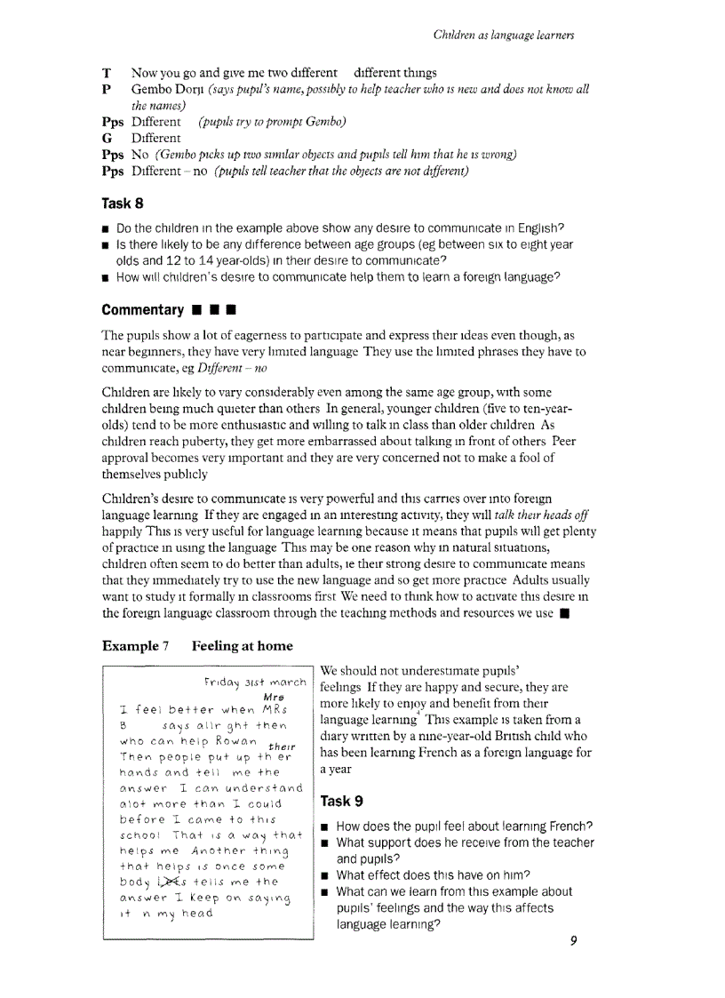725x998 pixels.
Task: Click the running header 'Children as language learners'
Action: (x=503, y=35)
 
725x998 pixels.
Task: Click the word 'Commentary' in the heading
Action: (x=142, y=310)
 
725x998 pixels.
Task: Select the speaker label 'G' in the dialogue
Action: (x=107, y=138)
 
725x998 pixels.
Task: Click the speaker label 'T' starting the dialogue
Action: (x=107, y=73)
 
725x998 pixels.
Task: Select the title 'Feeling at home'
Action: (x=243, y=645)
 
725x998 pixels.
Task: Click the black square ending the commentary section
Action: (x=563, y=613)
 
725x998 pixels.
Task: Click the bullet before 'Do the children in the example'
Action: (x=107, y=228)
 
